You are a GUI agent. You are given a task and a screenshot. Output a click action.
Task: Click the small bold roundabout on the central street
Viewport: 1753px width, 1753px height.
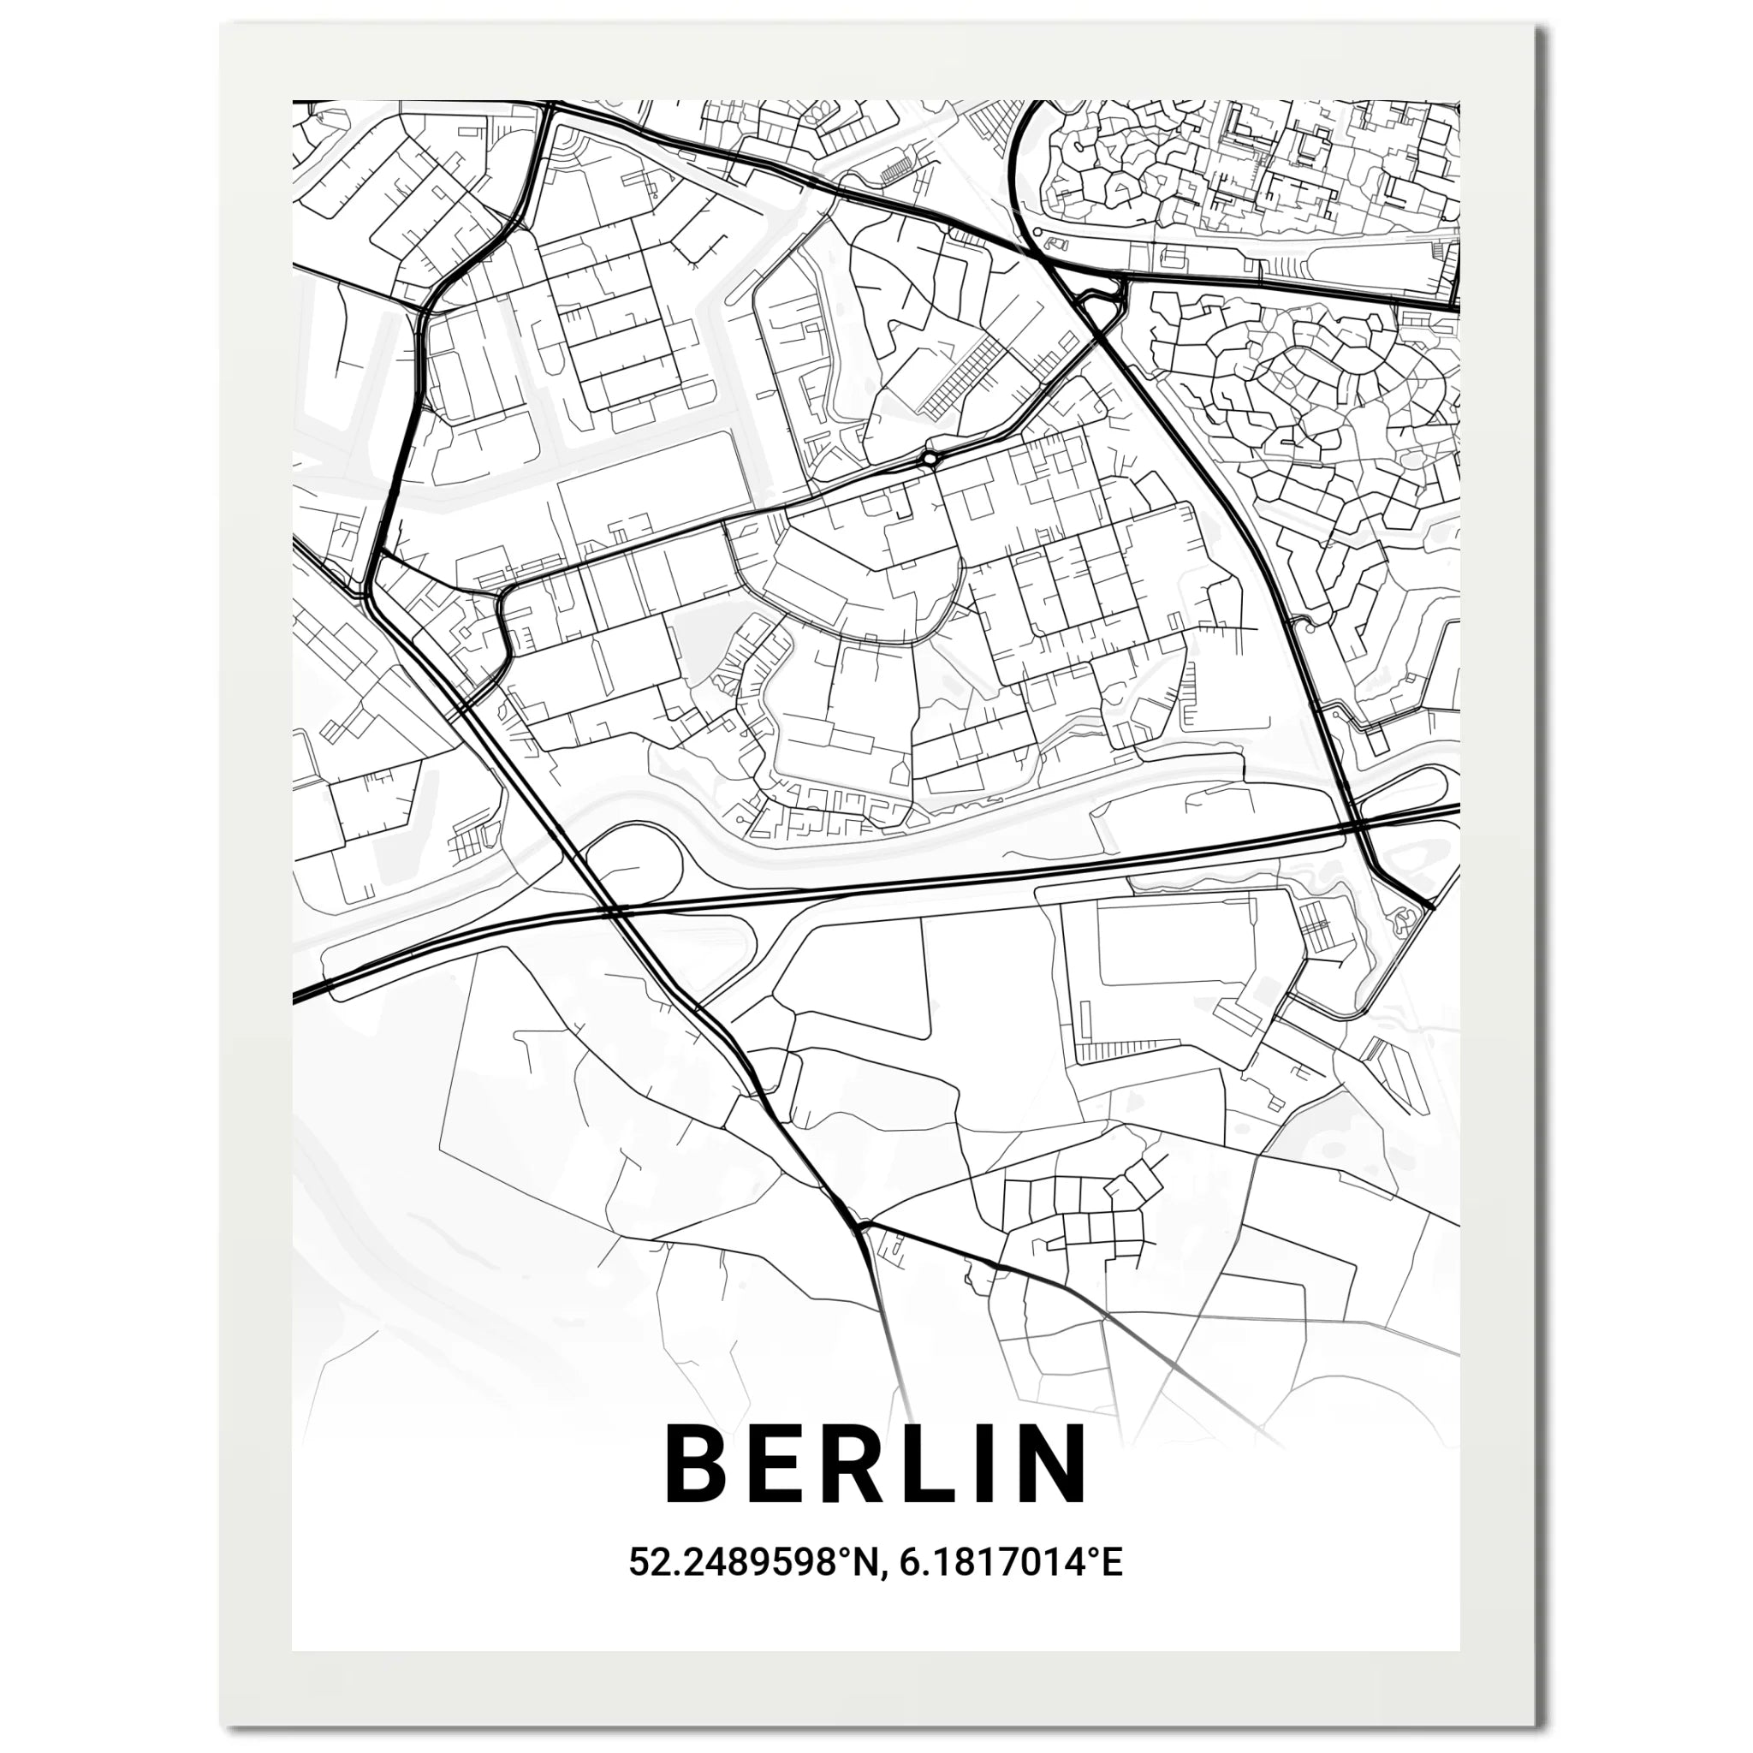tap(930, 459)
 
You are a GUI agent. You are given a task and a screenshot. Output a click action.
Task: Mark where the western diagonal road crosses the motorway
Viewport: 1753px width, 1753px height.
tap(610, 908)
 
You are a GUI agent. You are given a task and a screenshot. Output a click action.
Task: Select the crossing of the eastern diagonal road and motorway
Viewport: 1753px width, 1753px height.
tap(1354, 827)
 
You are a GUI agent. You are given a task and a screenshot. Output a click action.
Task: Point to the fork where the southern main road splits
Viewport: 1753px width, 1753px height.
tap(860, 1227)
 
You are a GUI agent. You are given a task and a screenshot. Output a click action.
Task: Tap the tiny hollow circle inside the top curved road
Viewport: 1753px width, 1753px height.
tap(1038, 232)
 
